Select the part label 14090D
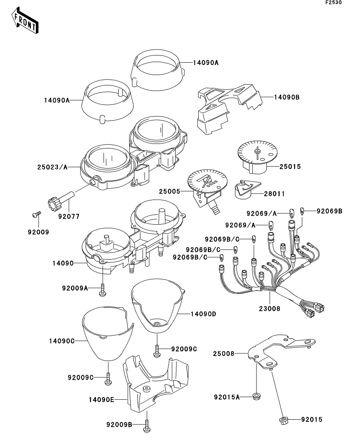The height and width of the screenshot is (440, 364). (203, 314)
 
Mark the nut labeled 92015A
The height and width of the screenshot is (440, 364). (256, 396)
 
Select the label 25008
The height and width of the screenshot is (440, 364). (223, 353)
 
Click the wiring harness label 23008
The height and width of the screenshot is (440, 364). (270, 308)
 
